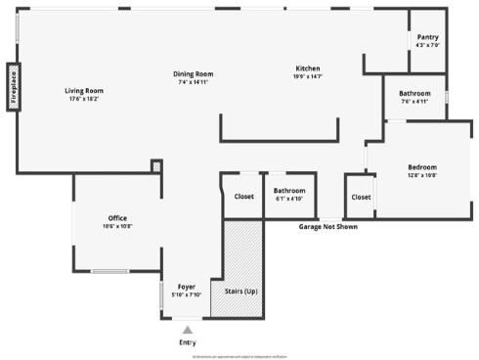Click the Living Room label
click(x=85, y=90)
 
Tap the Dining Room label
click(x=194, y=74)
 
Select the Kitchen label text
click(x=308, y=68)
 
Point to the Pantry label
click(x=427, y=37)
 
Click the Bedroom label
click(x=422, y=167)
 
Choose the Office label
click(x=117, y=218)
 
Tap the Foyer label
click(x=186, y=287)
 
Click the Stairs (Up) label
click(x=241, y=292)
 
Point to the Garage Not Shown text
click(x=327, y=226)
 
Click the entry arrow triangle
click(x=188, y=330)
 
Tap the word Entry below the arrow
click(x=188, y=342)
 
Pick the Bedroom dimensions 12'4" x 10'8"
click(x=422, y=176)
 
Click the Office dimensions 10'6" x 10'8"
click(x=117, y=226)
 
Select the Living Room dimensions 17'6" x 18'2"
click(x=85, y=99)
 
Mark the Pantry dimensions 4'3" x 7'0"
click(x=427, y=45)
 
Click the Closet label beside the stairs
click(x=243, y=196)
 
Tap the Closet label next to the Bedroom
click(x=361, y=197)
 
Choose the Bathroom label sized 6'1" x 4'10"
click(x=289, y=191)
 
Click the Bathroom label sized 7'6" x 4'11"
click(x=414, y=93)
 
